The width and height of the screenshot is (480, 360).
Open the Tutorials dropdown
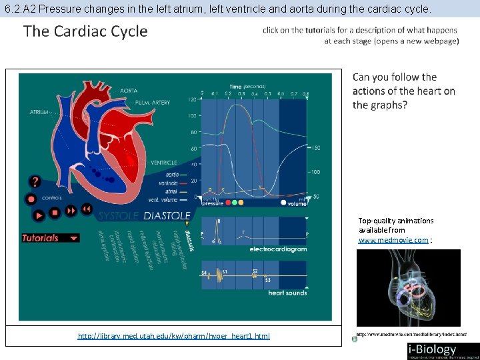(x=51, y=237)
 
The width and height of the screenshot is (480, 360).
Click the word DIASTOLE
(x=167, y=216)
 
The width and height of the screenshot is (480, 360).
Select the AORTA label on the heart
(x=129, y=91)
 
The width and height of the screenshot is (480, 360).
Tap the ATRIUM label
(x=39, y=112)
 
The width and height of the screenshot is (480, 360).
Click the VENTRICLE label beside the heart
(x=163, y=162)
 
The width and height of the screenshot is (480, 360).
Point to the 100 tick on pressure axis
(x=192, y=116)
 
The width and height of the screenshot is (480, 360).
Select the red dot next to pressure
(x=229, y=202)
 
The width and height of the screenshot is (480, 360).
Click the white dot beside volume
(x=283, y=203)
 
